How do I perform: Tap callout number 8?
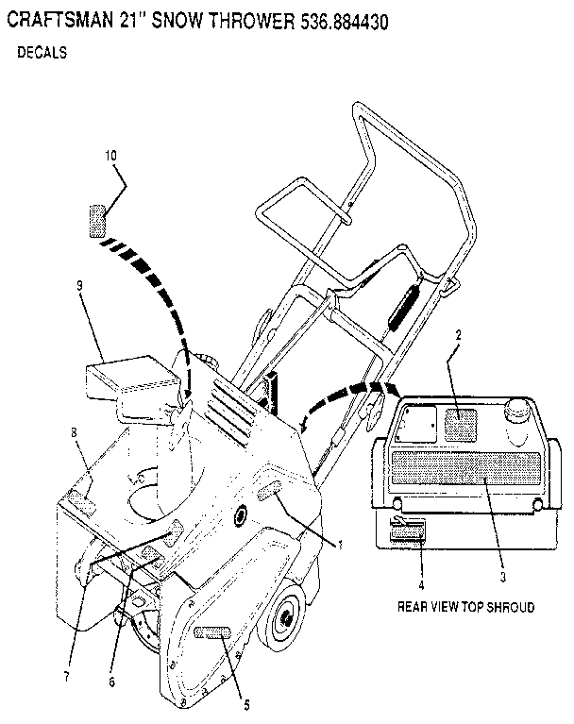[x=73, y=433]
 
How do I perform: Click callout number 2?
[x=458, y=334]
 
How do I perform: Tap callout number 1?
[x=340, y=544]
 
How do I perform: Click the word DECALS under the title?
[x=42, y=54]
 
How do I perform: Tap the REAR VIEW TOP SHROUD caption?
[x=467, y=608]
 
